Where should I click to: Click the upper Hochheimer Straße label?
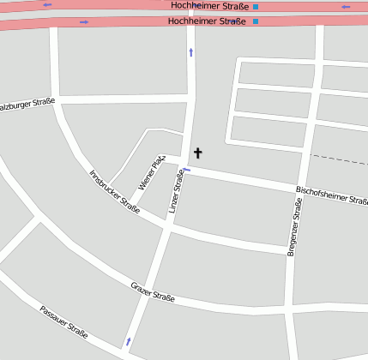coord(210,6)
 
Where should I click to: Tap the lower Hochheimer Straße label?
coord(207,21)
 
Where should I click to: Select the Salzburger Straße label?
coord(26,105)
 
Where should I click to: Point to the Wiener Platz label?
coord(152,172)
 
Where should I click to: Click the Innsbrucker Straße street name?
coord(114,191)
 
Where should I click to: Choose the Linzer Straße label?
coord(177,191)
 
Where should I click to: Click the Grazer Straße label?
coord(153,291)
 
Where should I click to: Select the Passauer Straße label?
coord(63,321)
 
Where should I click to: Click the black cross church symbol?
coord(198,153)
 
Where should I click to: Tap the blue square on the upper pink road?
coord(256,7)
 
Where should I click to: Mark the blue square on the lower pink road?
coord(255,21)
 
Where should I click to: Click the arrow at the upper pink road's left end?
coord(46,5)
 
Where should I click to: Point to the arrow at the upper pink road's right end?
coord(345,7)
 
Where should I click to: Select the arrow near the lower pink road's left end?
coord(83,22)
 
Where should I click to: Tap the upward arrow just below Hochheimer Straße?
coord(190,52)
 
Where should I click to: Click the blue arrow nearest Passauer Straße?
coord(129,341)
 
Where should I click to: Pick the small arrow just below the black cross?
coord(186,169)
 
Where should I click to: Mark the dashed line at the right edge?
coord(339,159)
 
